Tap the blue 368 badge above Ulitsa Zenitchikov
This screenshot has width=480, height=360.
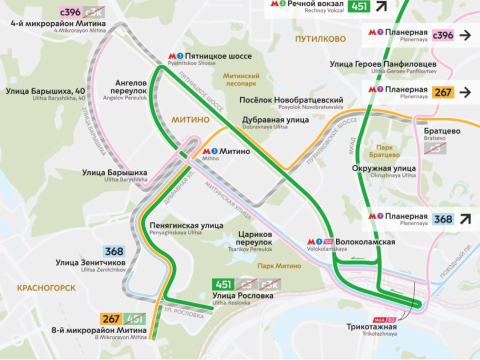(114, 251)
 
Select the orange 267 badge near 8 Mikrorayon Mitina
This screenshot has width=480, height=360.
(110, 318)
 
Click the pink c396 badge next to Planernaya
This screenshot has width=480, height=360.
(442, 35)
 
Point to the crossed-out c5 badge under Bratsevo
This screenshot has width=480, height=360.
(435, 148)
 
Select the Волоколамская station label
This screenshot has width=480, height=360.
(365, 242)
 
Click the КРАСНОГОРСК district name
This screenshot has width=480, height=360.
(46, 288)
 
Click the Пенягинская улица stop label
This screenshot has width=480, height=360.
(186, 225)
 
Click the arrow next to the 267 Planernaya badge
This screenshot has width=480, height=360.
(465, 92)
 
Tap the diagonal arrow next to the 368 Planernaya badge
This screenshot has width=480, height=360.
(465, 219)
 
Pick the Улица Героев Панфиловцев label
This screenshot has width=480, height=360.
(383, 64)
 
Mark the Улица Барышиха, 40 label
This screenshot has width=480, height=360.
(45, 91)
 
